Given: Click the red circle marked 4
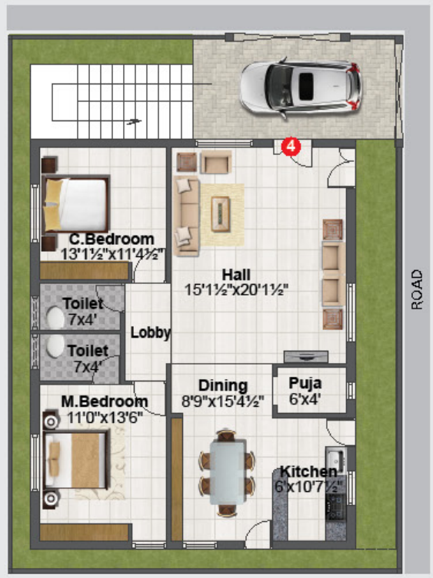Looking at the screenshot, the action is pyautogui.click(x=291, y=147).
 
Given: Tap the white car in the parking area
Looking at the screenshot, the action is pyautogui.click(x=301, y=88).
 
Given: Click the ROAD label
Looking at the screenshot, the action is pyautogui.click(x=417, y=289).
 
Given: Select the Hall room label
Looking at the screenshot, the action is pyautogui.click(x=236, y=275).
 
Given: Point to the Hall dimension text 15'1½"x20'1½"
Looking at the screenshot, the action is pyautogui.click(x=236, y=290).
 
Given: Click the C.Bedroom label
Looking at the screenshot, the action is pyautogui.click(x=112, y=239).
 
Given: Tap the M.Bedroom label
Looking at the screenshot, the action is pyautogui.click(x=105, y=401).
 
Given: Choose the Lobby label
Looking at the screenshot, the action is pyautogui.click(x=151, y=332).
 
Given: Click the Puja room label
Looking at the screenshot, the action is pyautogui.click(x=305, y=383).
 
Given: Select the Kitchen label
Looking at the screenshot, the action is pyautogui.click(x=309, y=471).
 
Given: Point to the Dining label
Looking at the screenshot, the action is pyautogui.click(x=223, y=385).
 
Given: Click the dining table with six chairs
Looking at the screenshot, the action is pyautogui.click(x=227, y=473).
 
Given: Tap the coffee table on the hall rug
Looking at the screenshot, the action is pyautogui.click(x=221, y=214).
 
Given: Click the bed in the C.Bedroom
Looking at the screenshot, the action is pyautogui.click(x=76, y=204).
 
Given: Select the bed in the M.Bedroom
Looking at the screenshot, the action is pyautogui.click(x=76, y=459).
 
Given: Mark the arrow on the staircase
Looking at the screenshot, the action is pyautogui.click(x=134, y=121).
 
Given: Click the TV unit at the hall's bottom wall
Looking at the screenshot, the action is pyautogui.click(x=306, y=357).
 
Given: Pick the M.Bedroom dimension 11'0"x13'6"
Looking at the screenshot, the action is pyautogui.click(x=105, y=418).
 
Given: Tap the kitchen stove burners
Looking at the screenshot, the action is pyautogui.click(x=336, y=507).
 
